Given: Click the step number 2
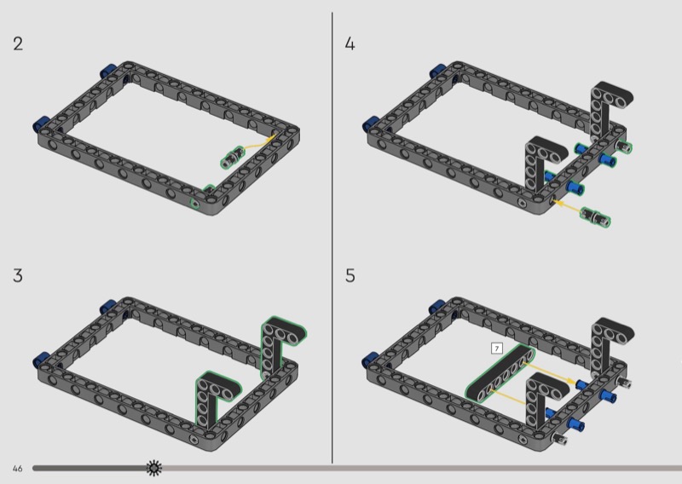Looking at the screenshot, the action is tap(18, 44).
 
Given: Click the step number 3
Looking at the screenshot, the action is tap(18, 276).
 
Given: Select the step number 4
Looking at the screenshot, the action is tap(350, 44).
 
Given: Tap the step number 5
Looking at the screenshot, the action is tap(350, 276).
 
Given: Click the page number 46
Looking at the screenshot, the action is tap(17, 469).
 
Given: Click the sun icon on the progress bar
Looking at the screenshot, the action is tap(153, 468).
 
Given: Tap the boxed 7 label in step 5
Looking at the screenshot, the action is tap(497, 349).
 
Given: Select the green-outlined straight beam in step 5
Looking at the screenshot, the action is tap(500, 372).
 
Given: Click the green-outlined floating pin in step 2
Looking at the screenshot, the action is tap(232, 157).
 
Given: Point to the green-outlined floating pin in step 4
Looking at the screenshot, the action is tap(595, 216).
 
